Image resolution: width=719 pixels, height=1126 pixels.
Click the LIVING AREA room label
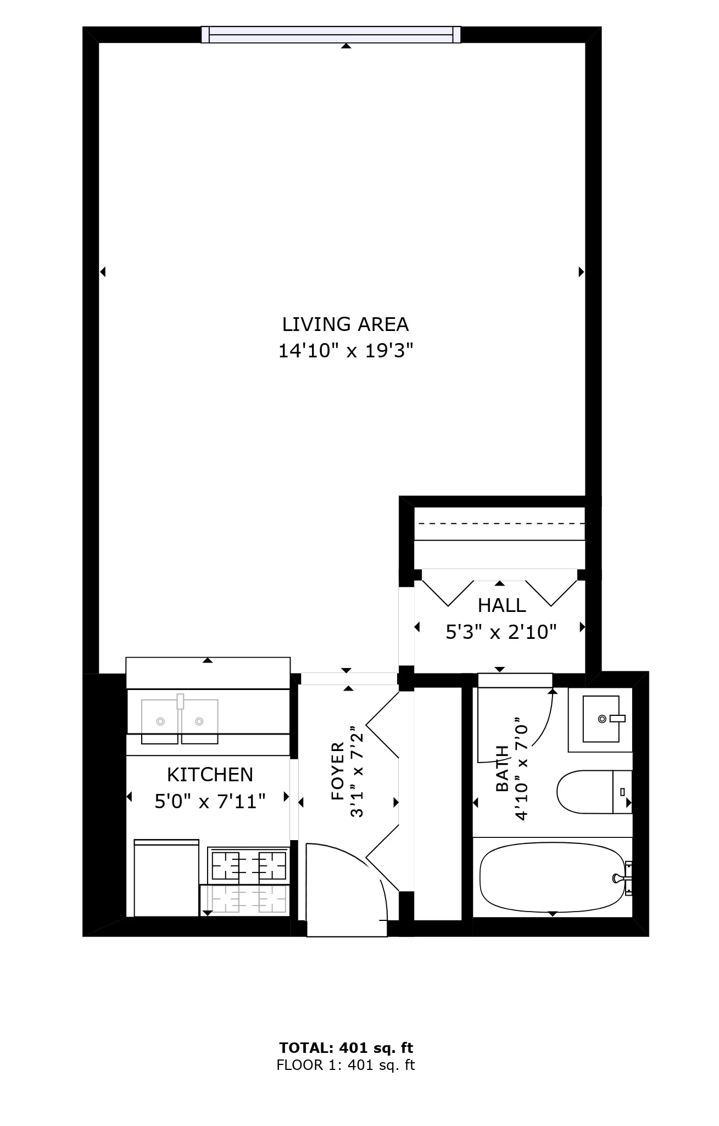(x=345, y=324)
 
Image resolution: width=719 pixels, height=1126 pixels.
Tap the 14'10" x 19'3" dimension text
(x=345, y=350)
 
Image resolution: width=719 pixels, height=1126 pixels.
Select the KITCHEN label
(x=210, y=775)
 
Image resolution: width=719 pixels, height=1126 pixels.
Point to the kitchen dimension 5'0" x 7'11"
(x=210, y=801)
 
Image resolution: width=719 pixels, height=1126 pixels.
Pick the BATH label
(x=502, y=768)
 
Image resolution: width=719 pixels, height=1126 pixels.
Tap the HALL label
(x=502, y=605)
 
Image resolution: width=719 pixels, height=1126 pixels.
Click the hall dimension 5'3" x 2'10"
(x=501, y=632)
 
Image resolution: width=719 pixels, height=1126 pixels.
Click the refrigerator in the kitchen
(x=166, y=878)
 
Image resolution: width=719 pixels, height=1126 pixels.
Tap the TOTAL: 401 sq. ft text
(x=346, y=1048)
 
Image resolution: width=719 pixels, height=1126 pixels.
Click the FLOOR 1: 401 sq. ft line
(x=346, y=1066)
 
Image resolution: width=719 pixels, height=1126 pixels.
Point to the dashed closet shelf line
(x=500, y=523)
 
